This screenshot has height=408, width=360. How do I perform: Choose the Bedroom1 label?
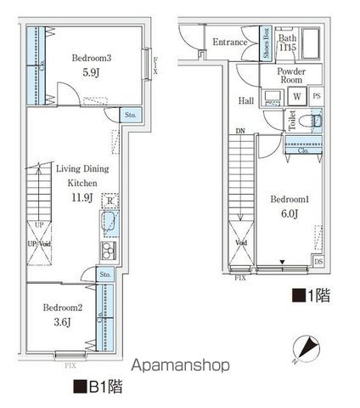click(x=288, y=199)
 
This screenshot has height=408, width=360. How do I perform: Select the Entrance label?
click(x=229, y=42)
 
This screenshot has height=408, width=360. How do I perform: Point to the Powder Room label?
click(x=291, y=76)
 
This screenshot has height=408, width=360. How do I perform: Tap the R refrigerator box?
click(x=108, y=201)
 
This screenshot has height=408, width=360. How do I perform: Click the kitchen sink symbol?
click(x=110, y=224)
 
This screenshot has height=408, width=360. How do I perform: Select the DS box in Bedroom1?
click(x=318, y=262)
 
